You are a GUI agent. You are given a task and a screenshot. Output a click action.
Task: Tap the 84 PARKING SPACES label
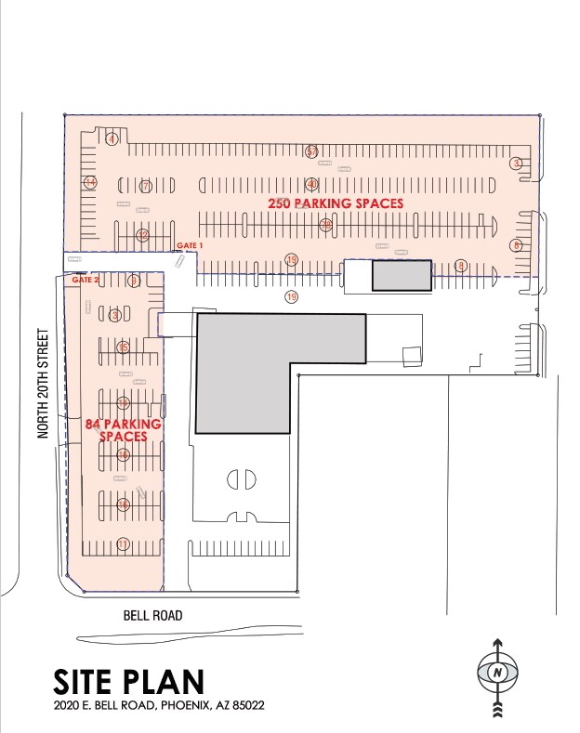(x=124, y=430)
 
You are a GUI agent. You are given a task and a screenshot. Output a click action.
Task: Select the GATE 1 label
(x=189, y=244)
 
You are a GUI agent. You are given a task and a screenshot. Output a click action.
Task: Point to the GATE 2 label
(x=85, y=280)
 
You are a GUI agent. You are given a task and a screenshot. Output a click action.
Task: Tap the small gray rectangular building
(x=402, y=276)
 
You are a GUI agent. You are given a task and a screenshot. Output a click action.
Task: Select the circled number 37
(x=312, y=151)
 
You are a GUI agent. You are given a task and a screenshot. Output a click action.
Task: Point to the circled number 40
(x=312, y=184)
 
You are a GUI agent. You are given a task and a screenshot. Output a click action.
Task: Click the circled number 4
(x=112, y=139)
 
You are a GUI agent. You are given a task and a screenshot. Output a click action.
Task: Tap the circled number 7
(x=145, y=187)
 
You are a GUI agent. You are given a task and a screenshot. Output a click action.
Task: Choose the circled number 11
(x=122, y=543)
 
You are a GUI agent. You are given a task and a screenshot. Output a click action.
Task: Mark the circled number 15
(x=123, y=347)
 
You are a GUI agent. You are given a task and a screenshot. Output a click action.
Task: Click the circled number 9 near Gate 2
(x=134, y=280)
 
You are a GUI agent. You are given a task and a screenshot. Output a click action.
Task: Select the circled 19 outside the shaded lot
(x=291, y=297)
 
